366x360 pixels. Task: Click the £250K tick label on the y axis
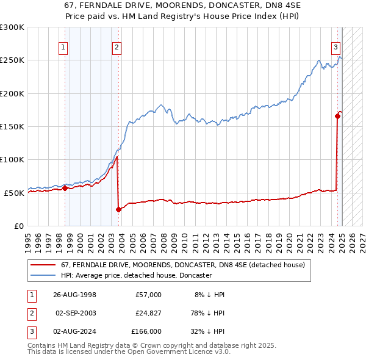12,60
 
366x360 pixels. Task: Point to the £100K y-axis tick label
12,159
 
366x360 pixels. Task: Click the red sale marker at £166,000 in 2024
337,116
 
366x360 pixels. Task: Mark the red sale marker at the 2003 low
118,209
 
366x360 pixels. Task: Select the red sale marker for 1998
65,188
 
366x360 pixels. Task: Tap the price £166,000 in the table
146,331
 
